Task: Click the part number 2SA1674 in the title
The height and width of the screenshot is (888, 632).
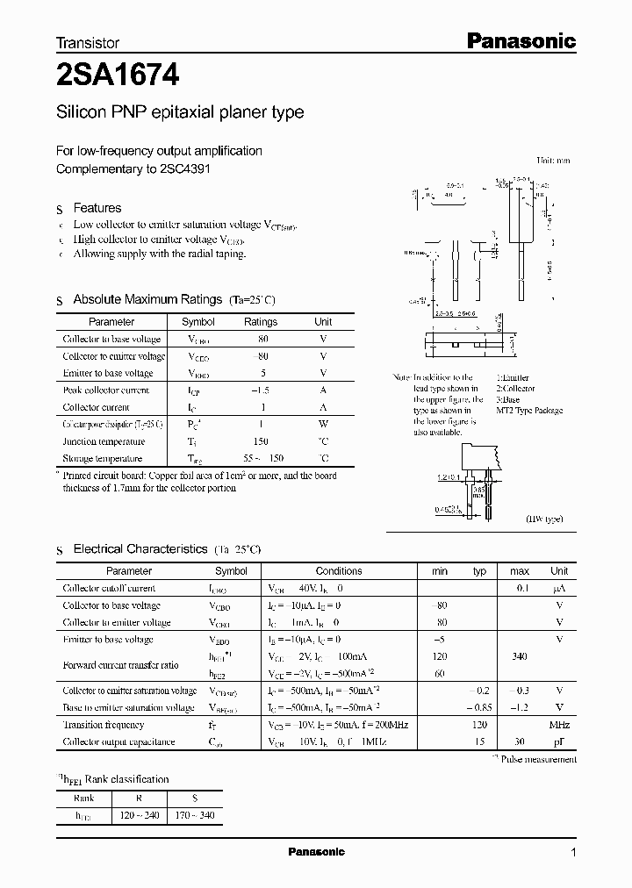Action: pyautogui.click(x=118, y=76)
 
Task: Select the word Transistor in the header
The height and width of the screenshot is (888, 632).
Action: pyautogui.click(x=88, y=42)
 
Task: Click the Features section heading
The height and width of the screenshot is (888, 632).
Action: pyautogui.click(x=97, y=208)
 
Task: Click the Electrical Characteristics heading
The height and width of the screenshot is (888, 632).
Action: pyautogui.click(x=140, y=548)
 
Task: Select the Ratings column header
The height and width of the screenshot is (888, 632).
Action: pyautogui.click(x=261, y=322)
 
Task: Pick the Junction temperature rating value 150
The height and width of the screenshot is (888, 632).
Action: pyautogui.click(x=261, y=441)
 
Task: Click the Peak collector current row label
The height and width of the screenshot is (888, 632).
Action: pyautogui.click(x=106, y=390)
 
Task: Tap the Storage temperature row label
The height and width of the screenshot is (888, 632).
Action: pyautogui.click(x=103, y=458)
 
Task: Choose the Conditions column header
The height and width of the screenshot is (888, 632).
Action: pyautogui.click(x=339, y=570)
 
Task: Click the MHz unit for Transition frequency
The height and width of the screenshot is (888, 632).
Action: pyautogui.click(x=559, y=725)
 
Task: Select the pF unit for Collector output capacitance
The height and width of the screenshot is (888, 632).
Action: pyautogui.click(x=559, y=742)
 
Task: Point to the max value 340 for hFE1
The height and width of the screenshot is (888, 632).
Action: pyautogui.click(x=519, y=656)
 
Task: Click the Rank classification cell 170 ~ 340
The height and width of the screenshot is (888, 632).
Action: pyautogui.click(x=195, y=815)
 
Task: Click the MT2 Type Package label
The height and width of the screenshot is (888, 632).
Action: pyautogui.click(x=529, y=411)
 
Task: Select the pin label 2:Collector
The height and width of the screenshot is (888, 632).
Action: pyautogui.click(x=515, y=388)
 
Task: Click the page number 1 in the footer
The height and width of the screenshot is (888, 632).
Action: pyautogui.click(x=574, y=853)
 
